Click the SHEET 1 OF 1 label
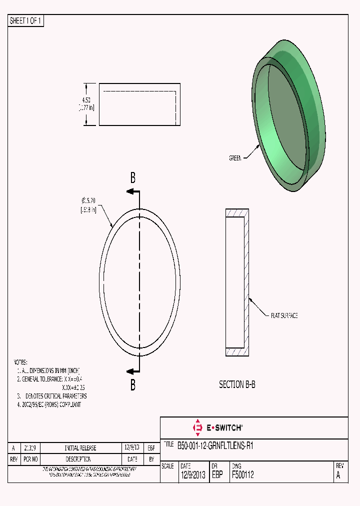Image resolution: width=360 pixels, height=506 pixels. tap(26, 21)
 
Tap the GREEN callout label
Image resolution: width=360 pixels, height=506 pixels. tap(235, 158)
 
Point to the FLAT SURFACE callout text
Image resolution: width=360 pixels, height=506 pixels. tap(284, 315)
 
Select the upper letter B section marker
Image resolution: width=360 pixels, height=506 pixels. tap(133, 177)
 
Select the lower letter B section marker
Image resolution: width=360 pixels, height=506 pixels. tap(133, 385)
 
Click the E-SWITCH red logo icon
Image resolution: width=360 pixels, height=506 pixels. tap(197, 427)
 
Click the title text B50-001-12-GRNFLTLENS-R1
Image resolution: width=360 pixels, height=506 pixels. tap(215, 445)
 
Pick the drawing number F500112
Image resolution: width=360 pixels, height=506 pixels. tap(242, 475)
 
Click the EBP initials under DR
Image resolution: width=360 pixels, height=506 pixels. tap(217, 475)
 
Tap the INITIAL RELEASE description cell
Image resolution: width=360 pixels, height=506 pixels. tap(80, 448)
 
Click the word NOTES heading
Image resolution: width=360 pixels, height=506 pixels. tap(20, 361)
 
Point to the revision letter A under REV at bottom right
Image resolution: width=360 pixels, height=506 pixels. tap(338, 475)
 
